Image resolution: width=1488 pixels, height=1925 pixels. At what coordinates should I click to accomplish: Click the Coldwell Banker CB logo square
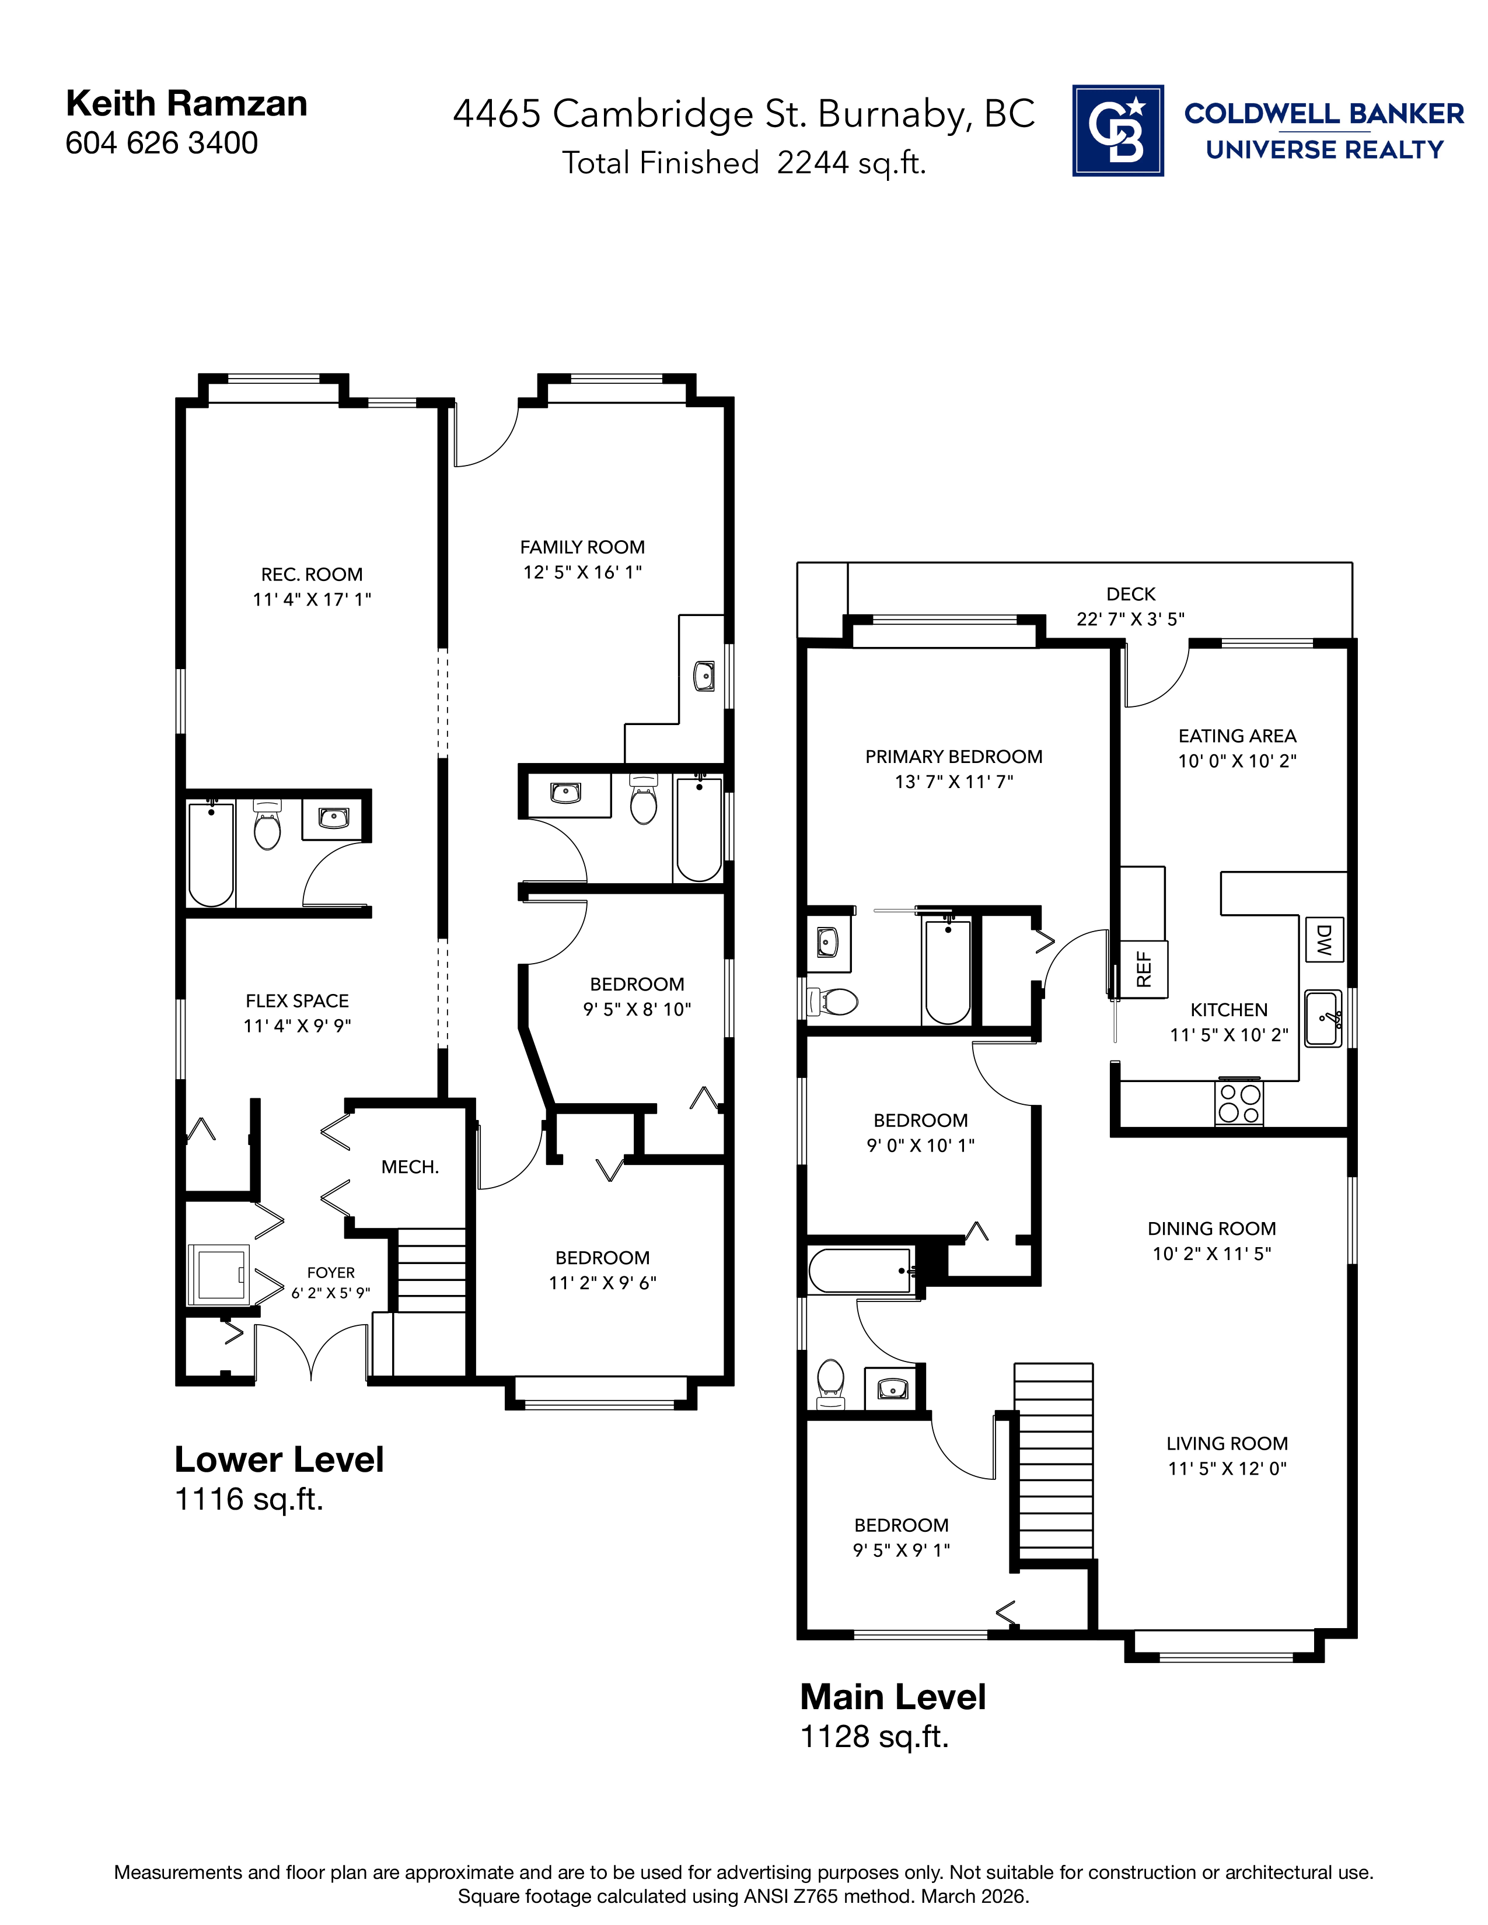(x=1117, y=131)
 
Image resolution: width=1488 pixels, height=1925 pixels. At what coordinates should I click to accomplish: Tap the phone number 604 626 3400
(x=161, y=143)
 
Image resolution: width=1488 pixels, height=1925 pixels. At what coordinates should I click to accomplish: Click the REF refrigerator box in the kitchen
(x=1143, y=969)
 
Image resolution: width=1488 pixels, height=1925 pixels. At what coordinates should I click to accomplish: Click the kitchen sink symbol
(x=1322, y=1018)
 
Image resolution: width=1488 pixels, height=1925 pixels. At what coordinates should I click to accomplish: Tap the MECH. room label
(x=410, y=1167)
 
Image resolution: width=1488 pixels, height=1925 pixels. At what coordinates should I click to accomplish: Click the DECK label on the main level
(x=1130, y=594)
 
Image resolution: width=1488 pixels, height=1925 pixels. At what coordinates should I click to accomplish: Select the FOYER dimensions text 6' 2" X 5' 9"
(x=330, y=1293)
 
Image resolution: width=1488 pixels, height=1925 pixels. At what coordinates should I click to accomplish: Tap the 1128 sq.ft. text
(x=874, y=1737)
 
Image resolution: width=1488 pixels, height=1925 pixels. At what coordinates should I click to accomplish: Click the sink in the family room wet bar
(x=704, y=676)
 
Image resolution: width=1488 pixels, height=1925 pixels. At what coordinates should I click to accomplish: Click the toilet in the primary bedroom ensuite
(x=834, y=1001)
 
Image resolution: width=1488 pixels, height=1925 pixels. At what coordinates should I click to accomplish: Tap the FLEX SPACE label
(x=297, y=1000)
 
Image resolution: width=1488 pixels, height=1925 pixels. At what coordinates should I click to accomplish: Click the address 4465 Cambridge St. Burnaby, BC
(x=743, y=114)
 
